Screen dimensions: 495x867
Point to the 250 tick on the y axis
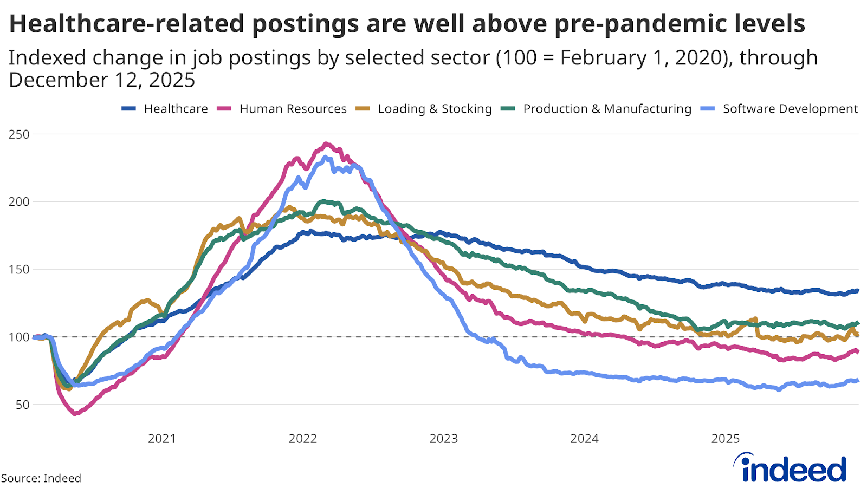coord(19,134)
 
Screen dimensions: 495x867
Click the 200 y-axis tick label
coord(19,202)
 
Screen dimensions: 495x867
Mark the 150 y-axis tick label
coord(19,270)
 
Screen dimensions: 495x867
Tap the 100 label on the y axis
coord(19,337)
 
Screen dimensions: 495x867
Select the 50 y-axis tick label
coord(22,405)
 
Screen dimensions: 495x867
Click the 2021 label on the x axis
coord(161,439)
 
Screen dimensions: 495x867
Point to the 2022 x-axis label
coord(302,439)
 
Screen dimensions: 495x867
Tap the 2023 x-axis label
coord(443,439)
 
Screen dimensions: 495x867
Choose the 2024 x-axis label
coord(584,439)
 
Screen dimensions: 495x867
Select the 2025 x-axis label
coord(725,439)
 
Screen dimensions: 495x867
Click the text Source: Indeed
coord(41,478)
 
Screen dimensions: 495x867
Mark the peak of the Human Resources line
coord(326,144)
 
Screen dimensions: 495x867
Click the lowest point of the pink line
coord(75,414)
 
